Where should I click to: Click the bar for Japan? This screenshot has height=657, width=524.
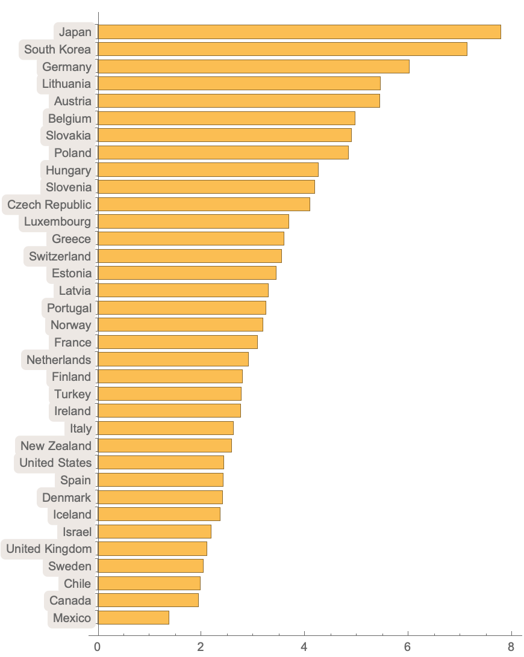[299, 32]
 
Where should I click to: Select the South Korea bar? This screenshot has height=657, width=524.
[282, 49]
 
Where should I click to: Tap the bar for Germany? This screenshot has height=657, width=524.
[253, 66]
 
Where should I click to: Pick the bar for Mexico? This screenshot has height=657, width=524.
[133, 618]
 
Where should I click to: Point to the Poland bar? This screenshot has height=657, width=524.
[223, 153]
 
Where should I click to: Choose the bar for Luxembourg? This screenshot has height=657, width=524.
[193, 221]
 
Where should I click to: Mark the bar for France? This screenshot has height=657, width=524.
[177, 342]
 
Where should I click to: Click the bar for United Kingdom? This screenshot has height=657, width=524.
[152, 549]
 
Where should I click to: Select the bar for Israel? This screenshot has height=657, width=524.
[154, 532]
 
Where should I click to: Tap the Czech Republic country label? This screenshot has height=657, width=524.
[49, 205]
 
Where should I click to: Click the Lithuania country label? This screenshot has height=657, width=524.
[66, 84]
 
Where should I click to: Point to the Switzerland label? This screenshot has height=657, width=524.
[60, 256]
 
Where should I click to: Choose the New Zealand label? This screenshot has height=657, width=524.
[56, 446]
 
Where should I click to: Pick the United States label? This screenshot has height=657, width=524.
[55, 463]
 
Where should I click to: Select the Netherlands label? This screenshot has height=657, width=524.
[59, 360]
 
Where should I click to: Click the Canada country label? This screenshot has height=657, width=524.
[70, 600]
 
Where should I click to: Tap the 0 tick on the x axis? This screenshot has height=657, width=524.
[97, 647]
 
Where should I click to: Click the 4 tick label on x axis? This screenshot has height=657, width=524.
[304, 647]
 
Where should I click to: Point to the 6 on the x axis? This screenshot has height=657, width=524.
[408, 647]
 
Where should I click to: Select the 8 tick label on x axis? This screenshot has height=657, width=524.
[511, 647]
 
